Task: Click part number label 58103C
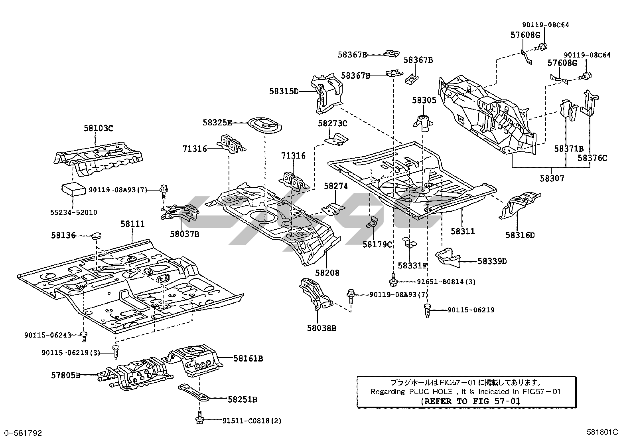pyautogui.click(x=98, y=128)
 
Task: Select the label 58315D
pyautogui.click(x=284, y=91)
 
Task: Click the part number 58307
pyautogui.click(x=552, y=179)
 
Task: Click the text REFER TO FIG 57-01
pyautogui.click(x=471, y=401)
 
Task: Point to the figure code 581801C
pyautogui.click(x=602, y=432)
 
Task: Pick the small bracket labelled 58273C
pyautogui.click(x=335, y=139)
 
